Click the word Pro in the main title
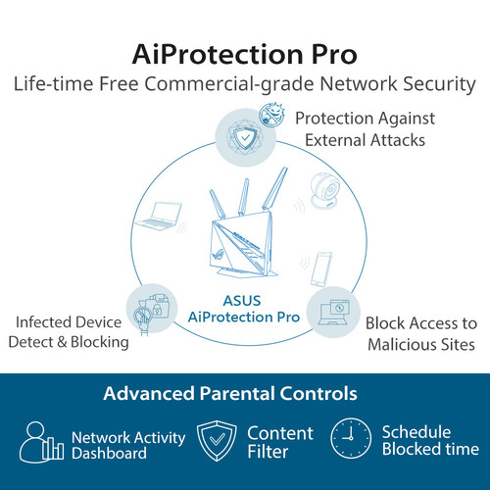[334, 55]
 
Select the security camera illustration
[324, 190]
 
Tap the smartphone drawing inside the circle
[321, 269]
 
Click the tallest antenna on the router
[275, 188]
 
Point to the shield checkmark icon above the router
[245, 137]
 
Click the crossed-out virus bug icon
[271, 115]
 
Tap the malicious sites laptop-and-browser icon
[333, 313]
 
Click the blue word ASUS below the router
[242, 301]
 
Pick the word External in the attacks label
[335, 140]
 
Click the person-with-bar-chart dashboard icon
[41, 442]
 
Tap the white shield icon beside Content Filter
[217, 440]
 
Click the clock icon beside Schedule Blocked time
[351, 438]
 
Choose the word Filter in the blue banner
[268, 452]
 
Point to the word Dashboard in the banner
[109, 454]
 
